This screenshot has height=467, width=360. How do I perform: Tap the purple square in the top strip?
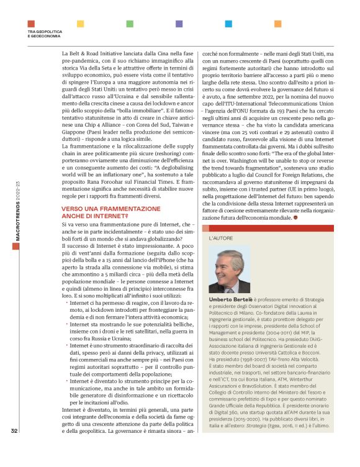point(179,24)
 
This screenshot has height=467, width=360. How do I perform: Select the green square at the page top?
point(130,24)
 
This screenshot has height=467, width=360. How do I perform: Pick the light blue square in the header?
point(228,24)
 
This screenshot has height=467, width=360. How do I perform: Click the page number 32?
point(14,447)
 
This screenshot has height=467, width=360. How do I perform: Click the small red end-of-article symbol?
point(303,219)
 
